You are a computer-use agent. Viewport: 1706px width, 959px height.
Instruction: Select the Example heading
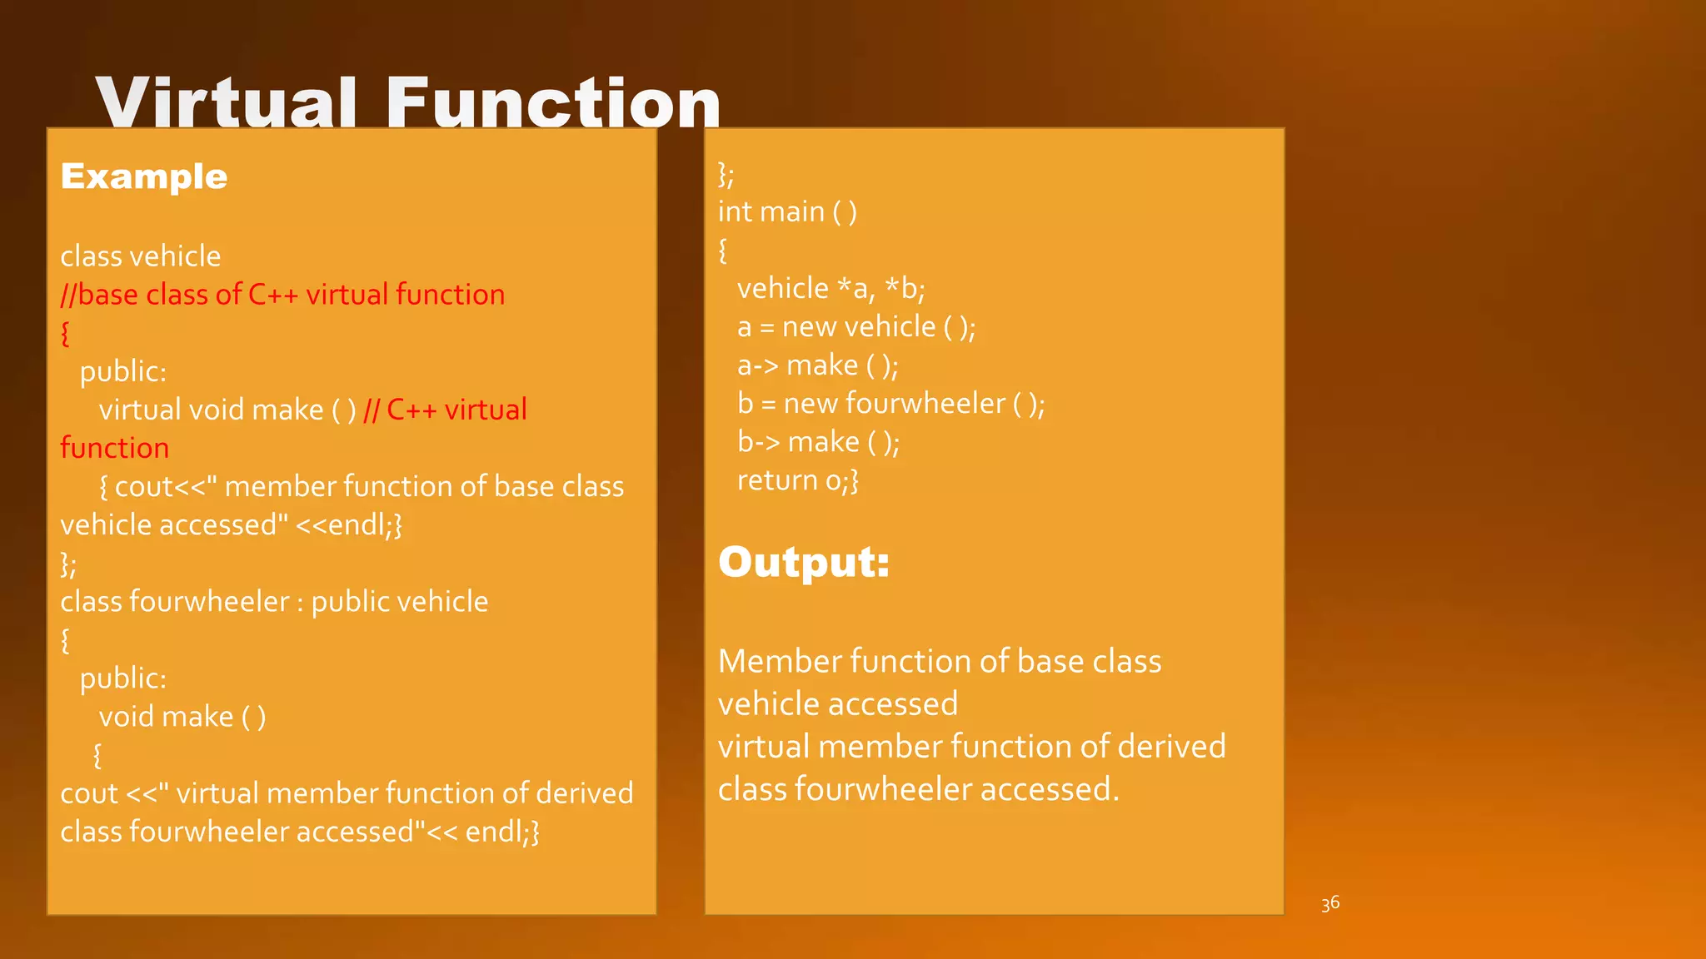click(x=144, y=176)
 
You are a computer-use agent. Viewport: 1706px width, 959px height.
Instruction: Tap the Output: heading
click(x=804, y=562)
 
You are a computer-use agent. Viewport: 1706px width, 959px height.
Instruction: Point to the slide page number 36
click(x=1330, y=903)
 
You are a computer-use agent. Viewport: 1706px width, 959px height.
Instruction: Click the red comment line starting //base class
click(x=282, y=295)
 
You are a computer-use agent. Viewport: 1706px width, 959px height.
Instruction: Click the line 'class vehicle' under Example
click(x=141, y=256)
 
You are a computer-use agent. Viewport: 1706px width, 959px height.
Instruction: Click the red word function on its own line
click(x=115, y=448)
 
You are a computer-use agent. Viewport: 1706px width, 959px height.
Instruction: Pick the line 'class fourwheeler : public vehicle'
click(x=274, y=602)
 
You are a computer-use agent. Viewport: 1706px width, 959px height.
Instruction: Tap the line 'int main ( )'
click(x=787, y=212)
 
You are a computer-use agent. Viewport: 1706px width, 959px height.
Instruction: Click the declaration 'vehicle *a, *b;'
click(x=831, y=289)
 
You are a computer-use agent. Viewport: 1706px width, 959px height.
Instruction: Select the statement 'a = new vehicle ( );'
click(x=856, y=327)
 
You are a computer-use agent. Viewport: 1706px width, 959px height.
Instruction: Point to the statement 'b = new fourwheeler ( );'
click(x=890, y=404)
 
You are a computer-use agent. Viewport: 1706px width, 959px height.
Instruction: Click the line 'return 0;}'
click(x=797, y=480)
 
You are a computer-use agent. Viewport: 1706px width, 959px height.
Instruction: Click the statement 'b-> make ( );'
click(x=818, y=442)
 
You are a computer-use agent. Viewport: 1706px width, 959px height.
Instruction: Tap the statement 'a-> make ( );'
click(x=817, y=365)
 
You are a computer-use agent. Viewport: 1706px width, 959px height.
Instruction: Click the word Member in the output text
click(x=780, y=662)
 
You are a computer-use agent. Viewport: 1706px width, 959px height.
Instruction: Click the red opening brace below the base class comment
click(x=66, y=334)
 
